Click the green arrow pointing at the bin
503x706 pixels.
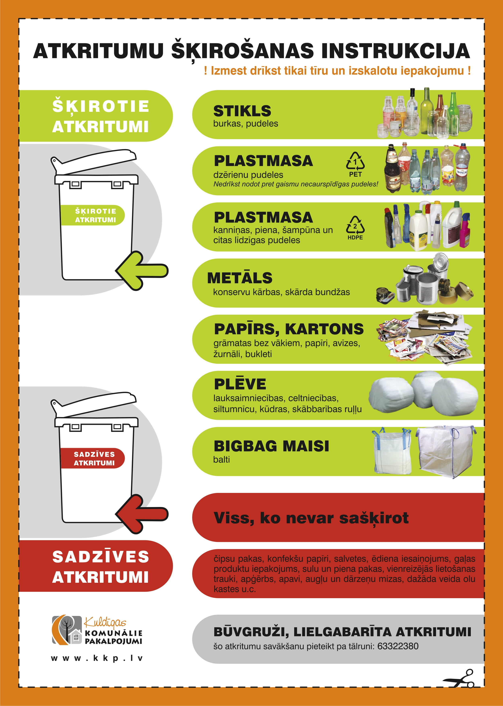[x=142, y=271]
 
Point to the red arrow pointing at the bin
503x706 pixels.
[x=142, y=514]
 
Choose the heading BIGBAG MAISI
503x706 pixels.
[x=271, y=446]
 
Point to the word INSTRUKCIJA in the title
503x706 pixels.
[x=396, y=51]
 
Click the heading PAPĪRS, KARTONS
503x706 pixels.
[x=289, y=329]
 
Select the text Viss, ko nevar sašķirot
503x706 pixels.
[x=311, y=518]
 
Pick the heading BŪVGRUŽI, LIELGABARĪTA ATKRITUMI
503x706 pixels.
[x=342, y=632]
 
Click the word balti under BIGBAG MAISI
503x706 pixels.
[x=222, y=460]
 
